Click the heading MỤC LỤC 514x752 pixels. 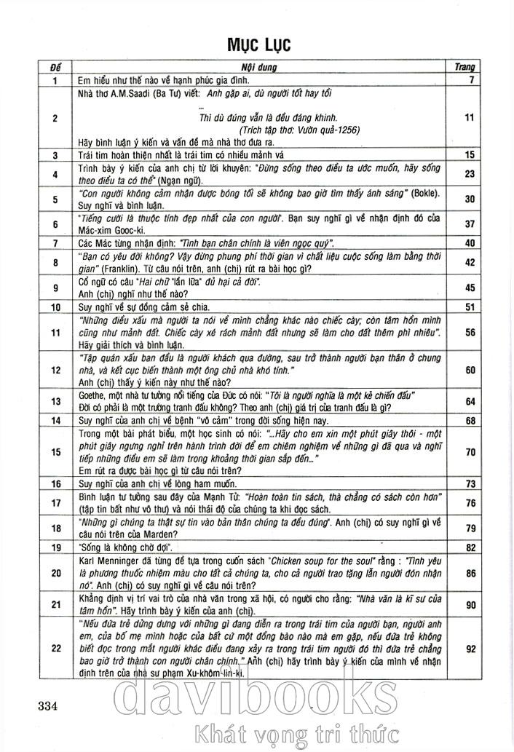click(x=258, y=44)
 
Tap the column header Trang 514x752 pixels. click(x=464, y=67)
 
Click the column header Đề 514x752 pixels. click(x=55, y=67)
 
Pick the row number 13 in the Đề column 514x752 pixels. click(x=55, y=401)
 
